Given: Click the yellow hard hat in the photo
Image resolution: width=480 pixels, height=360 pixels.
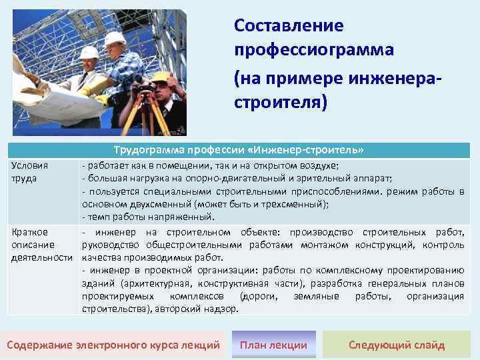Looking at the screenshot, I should (x=160, y=78).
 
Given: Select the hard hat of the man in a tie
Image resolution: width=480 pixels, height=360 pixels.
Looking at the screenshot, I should (x=88, y=53).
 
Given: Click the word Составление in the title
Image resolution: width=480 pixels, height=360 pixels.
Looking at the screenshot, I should (x=289, y=26).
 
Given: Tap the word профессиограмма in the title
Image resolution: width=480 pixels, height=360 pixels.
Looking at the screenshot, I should (x=314, y=51).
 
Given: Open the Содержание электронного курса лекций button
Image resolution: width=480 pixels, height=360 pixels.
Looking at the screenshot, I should (x=113, y=345).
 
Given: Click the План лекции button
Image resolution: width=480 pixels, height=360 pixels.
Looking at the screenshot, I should (x=273, y=345).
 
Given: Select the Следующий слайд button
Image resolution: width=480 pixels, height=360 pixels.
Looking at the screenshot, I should (x=397, y=345).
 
